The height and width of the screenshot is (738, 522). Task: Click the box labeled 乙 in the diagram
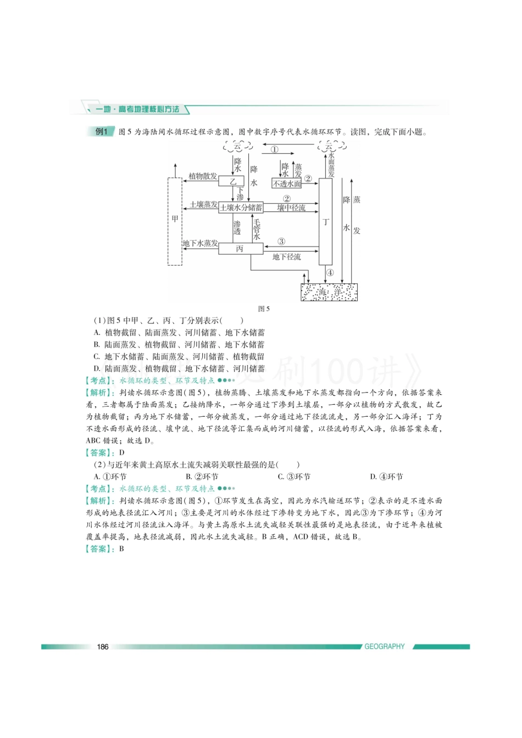tap(232, 181)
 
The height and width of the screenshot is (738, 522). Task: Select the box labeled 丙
tap(240, 249)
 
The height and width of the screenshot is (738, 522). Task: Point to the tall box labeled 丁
tap(325, 222)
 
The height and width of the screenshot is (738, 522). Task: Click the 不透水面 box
tap(287, 183)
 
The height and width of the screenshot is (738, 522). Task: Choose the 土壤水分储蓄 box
tap(241, 208)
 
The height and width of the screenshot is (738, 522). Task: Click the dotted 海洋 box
tap(329, 292)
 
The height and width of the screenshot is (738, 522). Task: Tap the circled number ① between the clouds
tap(274, 149)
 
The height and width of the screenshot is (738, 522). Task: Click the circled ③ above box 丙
tap(281, 241)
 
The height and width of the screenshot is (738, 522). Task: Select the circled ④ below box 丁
tap(330, 272)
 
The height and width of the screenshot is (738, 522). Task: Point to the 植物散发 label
tap(203, 176)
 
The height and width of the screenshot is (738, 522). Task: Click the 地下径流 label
tap(286, 257)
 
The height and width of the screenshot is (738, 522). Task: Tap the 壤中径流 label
tap(291, 208)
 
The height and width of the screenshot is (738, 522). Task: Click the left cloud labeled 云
tap(238, 147)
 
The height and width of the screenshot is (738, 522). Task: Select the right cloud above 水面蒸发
tap(329, 147)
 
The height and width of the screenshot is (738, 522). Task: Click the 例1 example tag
tap(102, 132)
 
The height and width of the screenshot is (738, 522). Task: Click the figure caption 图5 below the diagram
tap(264, 309)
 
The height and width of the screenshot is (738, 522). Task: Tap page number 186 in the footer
tap(103, 646)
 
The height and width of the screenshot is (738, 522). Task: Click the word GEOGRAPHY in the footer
tap(384, 646)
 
